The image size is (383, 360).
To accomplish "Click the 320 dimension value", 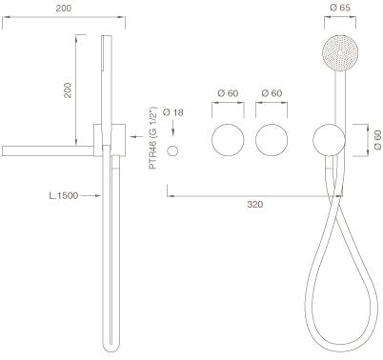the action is pyautogui.click(x=255, y=204).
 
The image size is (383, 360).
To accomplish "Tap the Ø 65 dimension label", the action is pyautogui.click(x=340, y=8).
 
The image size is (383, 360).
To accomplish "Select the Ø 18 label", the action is pyautogui.click(x=172, y=112).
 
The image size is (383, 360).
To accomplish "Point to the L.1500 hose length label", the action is pyautogui.click(x=64, y=195).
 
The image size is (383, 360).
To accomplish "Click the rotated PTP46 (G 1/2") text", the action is pyautogui.click(x=153, y=137).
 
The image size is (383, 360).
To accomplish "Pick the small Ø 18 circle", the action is pyautogui.click(x=173, y=150).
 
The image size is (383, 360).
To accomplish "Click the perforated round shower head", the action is pyautogui.click(x=340, y=51).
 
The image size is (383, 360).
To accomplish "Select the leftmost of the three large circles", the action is pyautogui.click(x=228, y=140).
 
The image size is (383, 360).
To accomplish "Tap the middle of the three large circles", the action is pyautogui.click(x=272, y=140).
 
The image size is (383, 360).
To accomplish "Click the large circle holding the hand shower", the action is pyautogui.click(x=329, y=139).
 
